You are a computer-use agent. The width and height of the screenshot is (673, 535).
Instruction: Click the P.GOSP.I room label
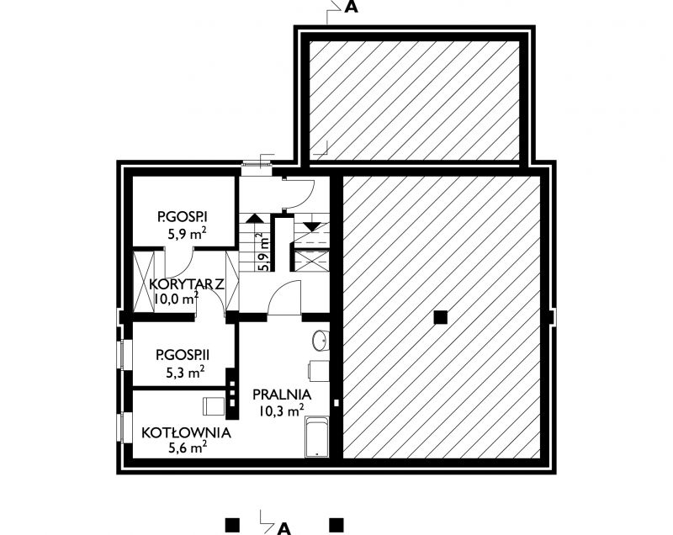click(x=182, y=217)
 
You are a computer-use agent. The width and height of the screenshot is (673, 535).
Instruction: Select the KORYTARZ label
click(x=187, y=284)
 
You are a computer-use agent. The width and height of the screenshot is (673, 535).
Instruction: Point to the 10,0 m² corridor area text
click(x=176, y=298)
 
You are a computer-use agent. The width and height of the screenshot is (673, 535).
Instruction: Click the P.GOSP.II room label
click(x=183, y=355)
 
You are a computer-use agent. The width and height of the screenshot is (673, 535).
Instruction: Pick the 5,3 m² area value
click(x=185, y=372)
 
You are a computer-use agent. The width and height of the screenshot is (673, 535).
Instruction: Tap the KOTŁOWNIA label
click(x=186, y=432)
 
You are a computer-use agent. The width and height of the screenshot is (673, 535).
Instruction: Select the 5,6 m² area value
click(x=188, y=448)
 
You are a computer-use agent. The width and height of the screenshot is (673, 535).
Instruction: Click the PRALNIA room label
click(x=282, y=395)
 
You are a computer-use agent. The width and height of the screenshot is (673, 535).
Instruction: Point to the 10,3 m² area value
click(x=282, y=411)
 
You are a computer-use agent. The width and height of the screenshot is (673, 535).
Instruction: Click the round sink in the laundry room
click(x=320, y=341)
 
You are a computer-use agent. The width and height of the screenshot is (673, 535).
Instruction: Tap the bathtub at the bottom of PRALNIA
click(x=317, y=437)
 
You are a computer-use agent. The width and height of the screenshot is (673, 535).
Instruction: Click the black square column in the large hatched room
click(x=440, y=317)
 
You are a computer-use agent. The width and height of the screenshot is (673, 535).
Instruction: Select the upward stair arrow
click(x=255, y=218)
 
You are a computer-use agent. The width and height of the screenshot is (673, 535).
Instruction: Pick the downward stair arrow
click(x=311, y=226)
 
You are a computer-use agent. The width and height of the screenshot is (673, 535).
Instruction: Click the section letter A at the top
click(x=351, y=8)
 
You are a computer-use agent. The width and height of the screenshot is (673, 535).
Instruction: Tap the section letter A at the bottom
click(x=284, y=528)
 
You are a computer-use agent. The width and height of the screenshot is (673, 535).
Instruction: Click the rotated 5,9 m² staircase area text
click(x=263, y=252)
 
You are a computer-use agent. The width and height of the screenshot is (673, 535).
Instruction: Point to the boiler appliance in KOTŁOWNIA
click(x=214, y=405)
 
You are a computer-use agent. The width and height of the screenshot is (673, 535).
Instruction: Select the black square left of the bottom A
click(x=232, y=525)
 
